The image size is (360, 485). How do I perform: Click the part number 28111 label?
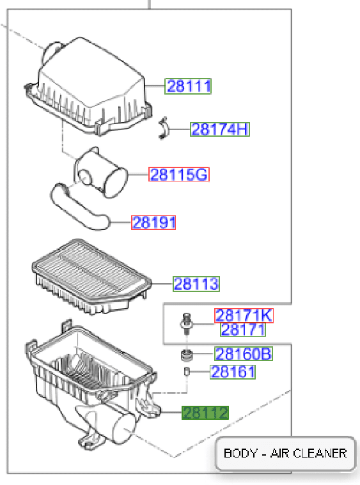pos(187,86)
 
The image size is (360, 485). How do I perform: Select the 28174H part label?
pos(220,129)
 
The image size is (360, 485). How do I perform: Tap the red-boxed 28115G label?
pos(179,174)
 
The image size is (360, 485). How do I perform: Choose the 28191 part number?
pos(153,222)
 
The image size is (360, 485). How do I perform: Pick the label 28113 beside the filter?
pos(196,284)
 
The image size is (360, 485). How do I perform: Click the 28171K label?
pos(244,316)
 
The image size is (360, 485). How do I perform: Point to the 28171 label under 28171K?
pos(243,330)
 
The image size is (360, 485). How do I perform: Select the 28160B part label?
pos(244,353)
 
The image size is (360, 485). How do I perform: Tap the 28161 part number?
pos(233,372)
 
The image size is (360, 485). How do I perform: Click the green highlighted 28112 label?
pos(205,413)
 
